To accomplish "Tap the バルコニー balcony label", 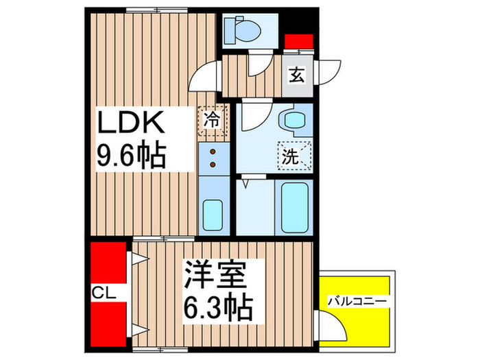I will pos(357,300).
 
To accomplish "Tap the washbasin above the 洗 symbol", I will pos(295,121).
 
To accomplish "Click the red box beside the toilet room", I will pos(299,40).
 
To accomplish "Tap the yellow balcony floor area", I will pos(363,322).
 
